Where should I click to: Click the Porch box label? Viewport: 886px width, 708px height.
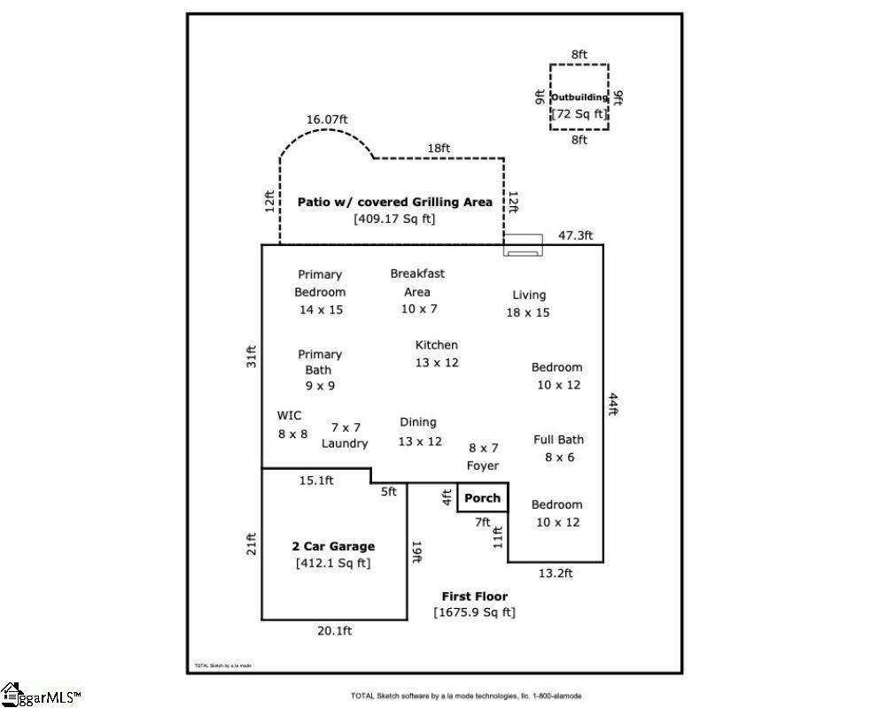[x=483, y=498]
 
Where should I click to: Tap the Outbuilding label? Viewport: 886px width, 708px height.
[x=579, y=97]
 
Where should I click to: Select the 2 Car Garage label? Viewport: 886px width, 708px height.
[x=333, y=546]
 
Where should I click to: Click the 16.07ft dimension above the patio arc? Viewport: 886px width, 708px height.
[x=327, y=119]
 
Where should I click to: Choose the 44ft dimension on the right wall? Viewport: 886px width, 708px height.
[x=612, y=404]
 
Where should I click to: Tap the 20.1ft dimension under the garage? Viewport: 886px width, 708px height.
[x=334, y=631]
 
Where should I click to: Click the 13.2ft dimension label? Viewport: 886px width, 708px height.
[x=556, y=573]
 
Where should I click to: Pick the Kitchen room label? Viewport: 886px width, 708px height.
[x=437, y=345]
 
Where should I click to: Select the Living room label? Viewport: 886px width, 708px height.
[x=529, y=295]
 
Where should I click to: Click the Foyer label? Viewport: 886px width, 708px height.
[x=483, y=466]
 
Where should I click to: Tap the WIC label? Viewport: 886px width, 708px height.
[x=290, y=415]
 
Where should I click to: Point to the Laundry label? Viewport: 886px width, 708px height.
[x=345, y=443]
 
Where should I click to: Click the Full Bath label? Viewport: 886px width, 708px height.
[x=558, y=440]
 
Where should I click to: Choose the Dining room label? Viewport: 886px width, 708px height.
[x=418, y=422]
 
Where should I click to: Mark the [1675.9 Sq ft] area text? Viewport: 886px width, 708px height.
[x=474, y=612]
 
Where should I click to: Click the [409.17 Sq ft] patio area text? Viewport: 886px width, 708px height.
[x=394, y=219]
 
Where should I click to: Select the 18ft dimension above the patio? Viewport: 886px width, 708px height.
[x=439, y=149]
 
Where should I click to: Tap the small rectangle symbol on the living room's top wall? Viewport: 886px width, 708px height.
[x=523, y=245]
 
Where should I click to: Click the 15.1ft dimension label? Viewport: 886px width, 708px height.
[x=315, y=481]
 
